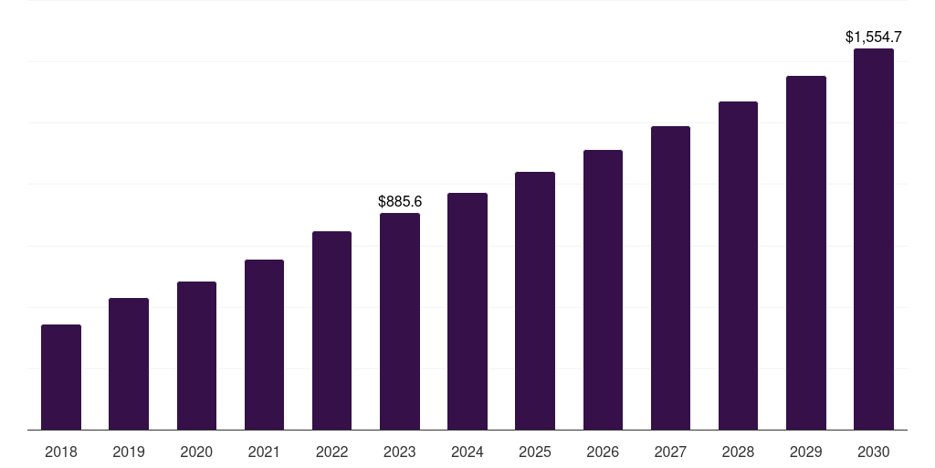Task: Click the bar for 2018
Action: (61, 377)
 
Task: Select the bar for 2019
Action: (129, 364)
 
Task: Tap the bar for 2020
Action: (196, 356)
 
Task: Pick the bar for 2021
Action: (264, 345)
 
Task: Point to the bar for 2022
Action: (331, 330)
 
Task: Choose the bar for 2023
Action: (400, 321)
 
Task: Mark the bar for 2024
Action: (467, 311)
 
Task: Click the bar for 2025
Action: (535, 301)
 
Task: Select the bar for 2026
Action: (603, 290)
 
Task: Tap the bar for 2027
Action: (670, 278)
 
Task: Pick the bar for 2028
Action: (738, 265)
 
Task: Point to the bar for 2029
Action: (806, 252)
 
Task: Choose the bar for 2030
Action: (874, 239)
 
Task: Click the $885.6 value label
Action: (400, 201)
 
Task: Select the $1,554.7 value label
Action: (874, 37)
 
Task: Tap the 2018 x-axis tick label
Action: (61, 452)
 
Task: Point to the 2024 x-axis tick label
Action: (467, 452)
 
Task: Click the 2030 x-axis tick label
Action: (874, 452)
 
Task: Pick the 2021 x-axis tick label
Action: (264, 452)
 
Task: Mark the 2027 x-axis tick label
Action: (670, 452)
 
